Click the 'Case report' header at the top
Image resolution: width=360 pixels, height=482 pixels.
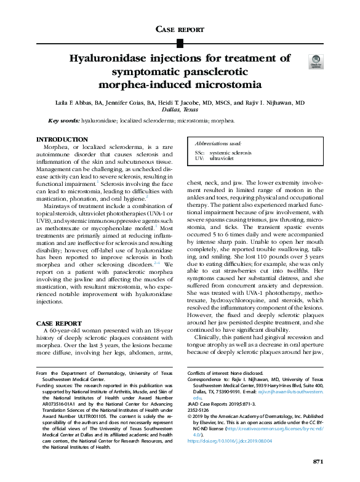tap(180, 29)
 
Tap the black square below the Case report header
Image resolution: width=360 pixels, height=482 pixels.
tap(180, 43)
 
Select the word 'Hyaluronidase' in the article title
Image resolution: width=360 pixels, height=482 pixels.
tap(107, 58)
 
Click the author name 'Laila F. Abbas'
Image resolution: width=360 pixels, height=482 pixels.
tap(76, 103)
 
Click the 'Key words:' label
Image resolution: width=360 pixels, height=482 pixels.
tap(63, 121)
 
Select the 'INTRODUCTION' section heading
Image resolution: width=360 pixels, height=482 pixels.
tap(62, 140)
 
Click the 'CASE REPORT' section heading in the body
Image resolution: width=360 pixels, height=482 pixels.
tap(58, 323)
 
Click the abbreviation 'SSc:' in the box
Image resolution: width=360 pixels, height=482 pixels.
tap(199, 152)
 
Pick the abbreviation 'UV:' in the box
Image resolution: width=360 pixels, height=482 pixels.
tap(198, 158)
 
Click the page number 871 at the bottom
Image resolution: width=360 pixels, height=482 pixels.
tap(318, 462)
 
